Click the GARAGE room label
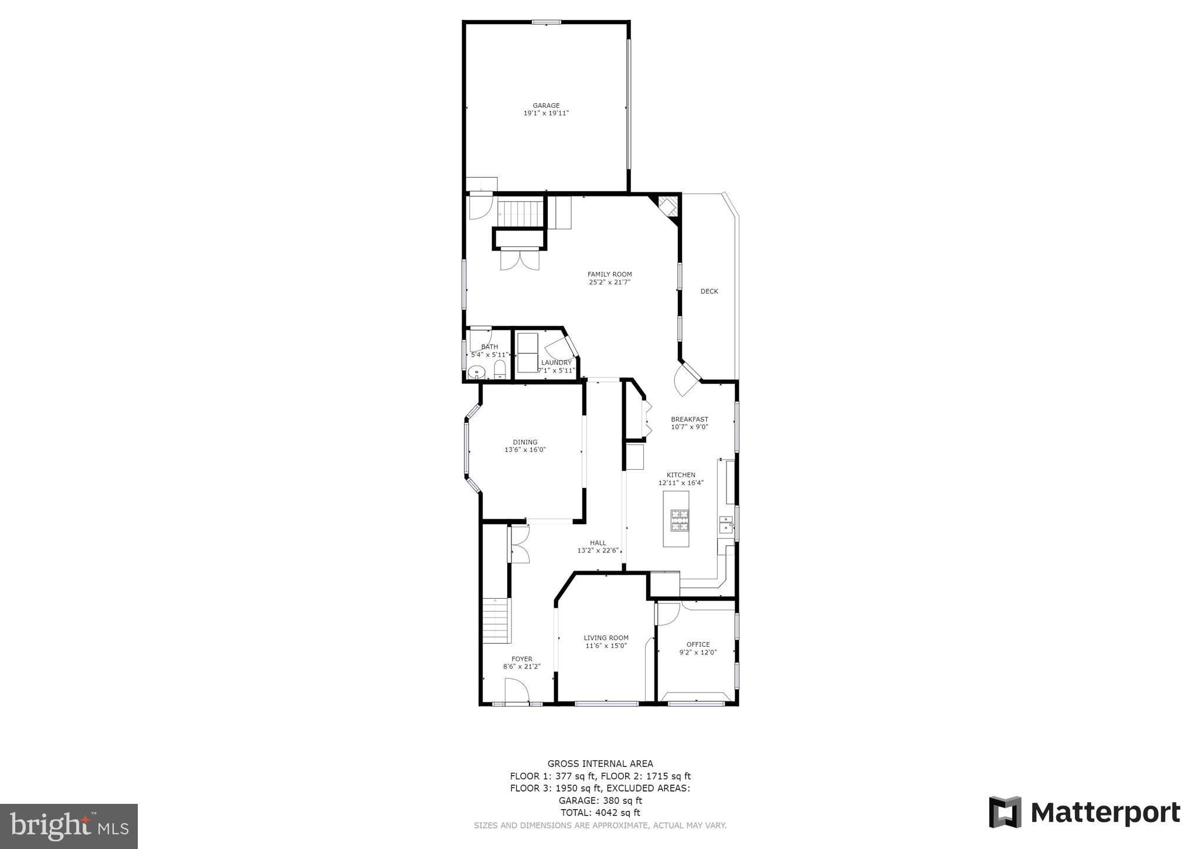point(546,106)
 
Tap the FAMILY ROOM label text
point(609,274)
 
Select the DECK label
point(709,291)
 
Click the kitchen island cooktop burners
point(680,520)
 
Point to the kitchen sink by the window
point(726,524)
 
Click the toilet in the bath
point(500,369)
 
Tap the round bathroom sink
point(477,372)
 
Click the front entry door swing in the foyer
point(516,690)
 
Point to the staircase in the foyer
point(496,620)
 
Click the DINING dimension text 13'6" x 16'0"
point(525,450)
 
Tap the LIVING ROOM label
point(606,638)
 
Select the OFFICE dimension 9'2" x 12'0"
point(698,652)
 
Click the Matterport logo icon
point(1005,812)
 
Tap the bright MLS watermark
point(69,826)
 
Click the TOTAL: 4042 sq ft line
point(600,813)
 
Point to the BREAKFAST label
point(689,419)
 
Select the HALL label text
point(598,543)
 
